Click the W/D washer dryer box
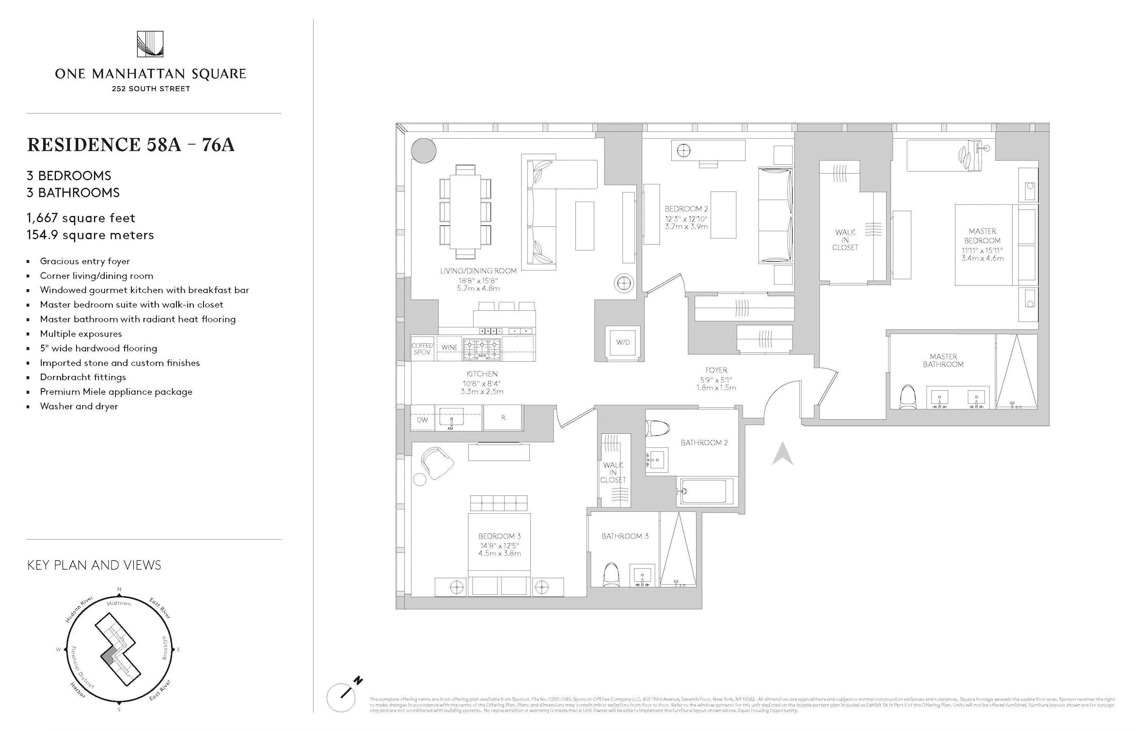[x=623, y=342]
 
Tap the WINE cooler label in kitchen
[x=449, y=348]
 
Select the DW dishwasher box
[x=423, y=420]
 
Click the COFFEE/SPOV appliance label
[x=422, y=349]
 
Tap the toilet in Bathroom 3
[x=611, y=575]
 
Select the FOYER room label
[x=716, y=370]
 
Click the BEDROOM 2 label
[x=686, y=209]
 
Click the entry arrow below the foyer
[x=782, y=454]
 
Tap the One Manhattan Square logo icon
[x=150, y=44]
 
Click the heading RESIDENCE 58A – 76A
[x=131, y=145]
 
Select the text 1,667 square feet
[x=81, y=218]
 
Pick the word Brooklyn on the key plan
[x=165, y=648]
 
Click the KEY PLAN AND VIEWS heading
[x=94, y=565]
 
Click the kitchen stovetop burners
[x=481, y=349]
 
